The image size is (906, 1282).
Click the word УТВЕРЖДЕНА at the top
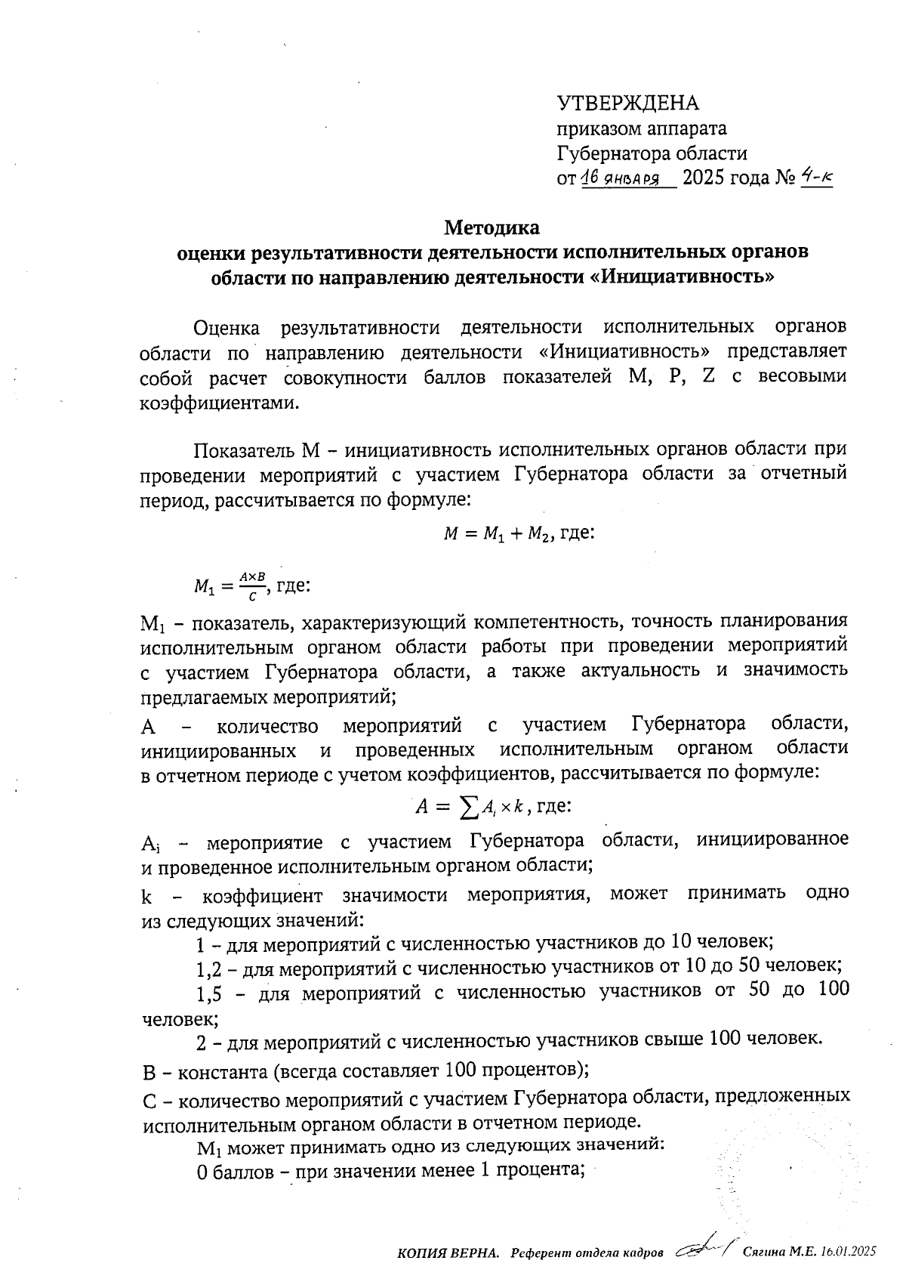628,103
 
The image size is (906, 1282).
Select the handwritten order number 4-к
816,178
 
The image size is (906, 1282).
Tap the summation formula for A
470,807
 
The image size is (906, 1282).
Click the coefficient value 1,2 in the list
208,966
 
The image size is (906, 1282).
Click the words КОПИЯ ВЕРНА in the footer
448,1253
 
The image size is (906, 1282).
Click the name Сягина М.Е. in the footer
781,1253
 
